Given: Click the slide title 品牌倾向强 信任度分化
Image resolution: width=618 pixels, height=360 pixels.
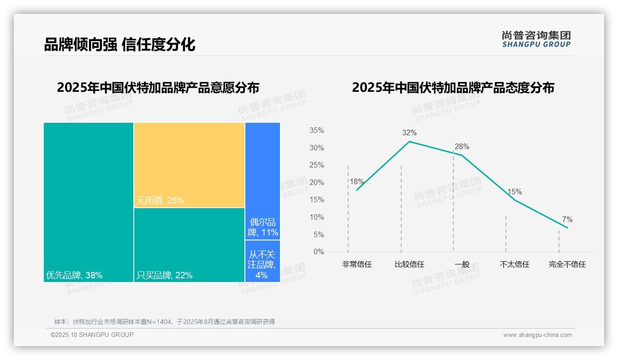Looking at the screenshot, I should (120, 45).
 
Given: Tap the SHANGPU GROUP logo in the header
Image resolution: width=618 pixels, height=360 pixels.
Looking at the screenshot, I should (536, 39).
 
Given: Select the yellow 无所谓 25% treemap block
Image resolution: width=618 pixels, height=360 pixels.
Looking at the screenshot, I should (189, 165).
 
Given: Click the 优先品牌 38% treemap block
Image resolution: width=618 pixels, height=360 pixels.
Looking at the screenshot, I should (89, 202).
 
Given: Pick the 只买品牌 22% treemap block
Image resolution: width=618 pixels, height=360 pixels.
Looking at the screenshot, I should (189, 245).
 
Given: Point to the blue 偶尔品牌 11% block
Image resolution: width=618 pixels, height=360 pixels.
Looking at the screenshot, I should (262, 181).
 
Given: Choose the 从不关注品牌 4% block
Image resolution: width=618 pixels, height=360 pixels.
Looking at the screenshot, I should (262, 261).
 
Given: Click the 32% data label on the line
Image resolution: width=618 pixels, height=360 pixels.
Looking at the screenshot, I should (409, 133).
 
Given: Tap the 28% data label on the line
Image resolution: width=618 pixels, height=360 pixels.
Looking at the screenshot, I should (462, 147).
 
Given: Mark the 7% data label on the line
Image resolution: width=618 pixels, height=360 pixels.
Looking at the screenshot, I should (567, 219).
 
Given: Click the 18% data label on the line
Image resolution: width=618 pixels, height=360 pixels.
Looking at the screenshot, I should (357, 182).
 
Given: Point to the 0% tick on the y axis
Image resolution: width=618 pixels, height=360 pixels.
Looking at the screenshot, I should (319, 252).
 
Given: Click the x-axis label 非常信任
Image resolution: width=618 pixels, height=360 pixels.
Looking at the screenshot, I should (357, 264).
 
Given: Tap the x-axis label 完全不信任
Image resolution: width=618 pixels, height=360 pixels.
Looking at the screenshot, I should (567, 264).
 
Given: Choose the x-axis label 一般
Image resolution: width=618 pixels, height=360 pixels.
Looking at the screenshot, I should (462, 264).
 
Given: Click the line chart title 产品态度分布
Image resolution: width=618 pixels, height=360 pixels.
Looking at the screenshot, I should (453, 88).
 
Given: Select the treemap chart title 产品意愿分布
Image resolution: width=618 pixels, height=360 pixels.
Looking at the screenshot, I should (158, 88).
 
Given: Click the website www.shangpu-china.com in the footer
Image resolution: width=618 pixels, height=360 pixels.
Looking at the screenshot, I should (537, 335).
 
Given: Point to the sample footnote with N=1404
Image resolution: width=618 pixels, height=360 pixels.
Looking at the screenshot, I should (165, 322).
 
